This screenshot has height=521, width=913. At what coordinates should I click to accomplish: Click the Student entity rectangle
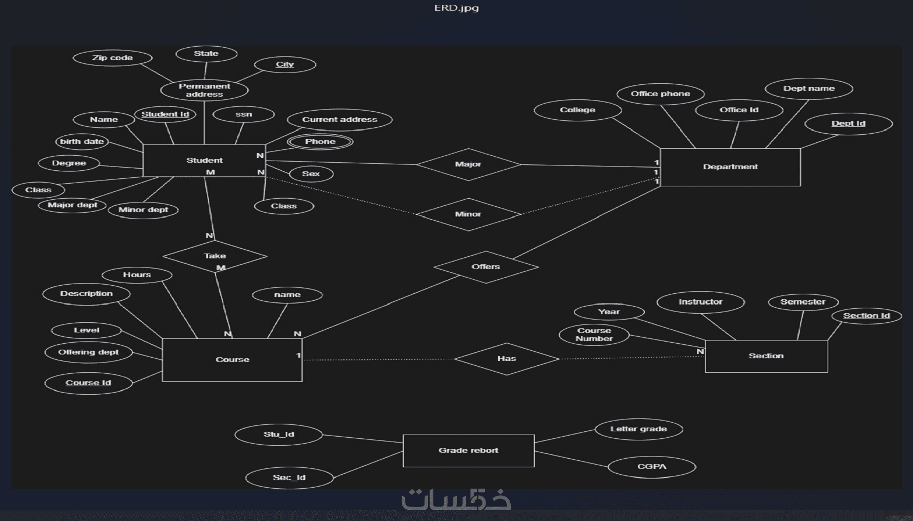[204, 160]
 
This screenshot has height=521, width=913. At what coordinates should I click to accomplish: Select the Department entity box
[730, 167]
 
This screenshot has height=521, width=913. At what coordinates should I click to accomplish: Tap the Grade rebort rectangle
[468, 451]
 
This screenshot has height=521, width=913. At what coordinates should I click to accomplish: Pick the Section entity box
[766, 356]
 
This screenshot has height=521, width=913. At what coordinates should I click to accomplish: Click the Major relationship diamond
[468, 164]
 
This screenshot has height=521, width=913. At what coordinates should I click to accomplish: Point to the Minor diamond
[468, 214]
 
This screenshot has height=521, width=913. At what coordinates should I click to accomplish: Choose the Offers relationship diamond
[486, 267]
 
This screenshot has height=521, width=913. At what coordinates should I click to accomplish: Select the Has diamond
[506, 358]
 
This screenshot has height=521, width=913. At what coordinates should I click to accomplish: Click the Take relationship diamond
[215, 256]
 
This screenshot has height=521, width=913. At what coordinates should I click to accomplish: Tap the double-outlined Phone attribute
[320, 142]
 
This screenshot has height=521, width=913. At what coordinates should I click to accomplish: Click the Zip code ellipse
[112, 58]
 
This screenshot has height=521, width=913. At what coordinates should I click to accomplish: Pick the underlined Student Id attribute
[165, 114]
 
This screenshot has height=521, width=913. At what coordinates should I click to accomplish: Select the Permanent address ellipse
[204, 90]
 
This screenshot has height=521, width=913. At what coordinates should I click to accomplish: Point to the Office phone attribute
[660, 94]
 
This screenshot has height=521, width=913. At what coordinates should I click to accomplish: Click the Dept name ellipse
[809, 89]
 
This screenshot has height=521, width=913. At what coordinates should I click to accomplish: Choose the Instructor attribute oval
[700, 302]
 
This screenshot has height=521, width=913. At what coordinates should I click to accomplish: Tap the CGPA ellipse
[651, 467]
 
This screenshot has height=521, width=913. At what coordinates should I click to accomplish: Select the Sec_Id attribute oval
[289, 477]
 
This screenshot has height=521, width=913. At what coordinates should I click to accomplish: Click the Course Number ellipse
[594, 335]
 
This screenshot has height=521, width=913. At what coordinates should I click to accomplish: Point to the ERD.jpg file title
[457, 8]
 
